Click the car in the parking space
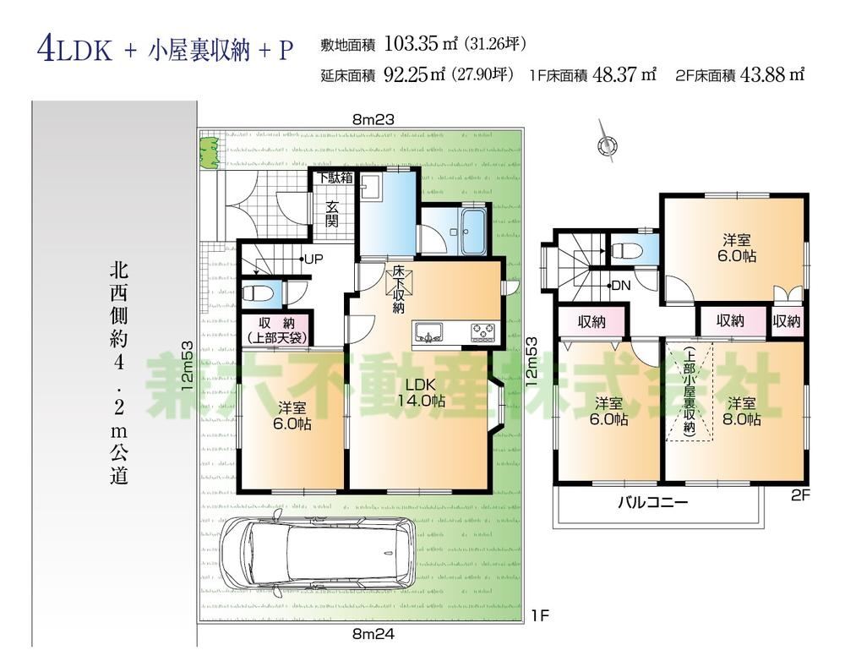(317, 555)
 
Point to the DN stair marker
(621, 286)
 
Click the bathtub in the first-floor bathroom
(471, 230)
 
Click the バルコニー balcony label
(652, 501)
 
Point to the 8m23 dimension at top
(373, 120)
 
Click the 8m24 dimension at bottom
(373, 632)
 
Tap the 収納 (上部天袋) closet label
(277, 329)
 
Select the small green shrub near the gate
(209, 154)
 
